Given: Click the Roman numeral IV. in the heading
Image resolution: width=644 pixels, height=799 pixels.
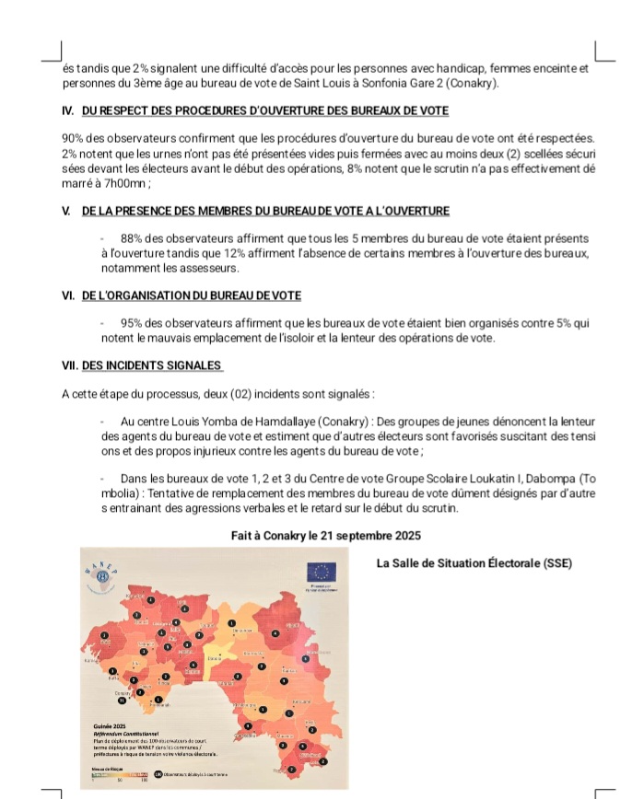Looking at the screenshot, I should [x=68, y=111].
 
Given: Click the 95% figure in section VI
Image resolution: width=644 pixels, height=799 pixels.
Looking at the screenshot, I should [x=132, y=323].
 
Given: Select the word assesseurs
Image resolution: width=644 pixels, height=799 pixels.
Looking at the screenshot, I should [x=210, y=268].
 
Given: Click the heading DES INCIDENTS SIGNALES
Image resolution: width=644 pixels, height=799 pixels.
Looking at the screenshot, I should [x=153, y=365].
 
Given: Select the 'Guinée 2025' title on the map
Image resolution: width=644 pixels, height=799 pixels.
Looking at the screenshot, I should [x=111, y=725].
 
